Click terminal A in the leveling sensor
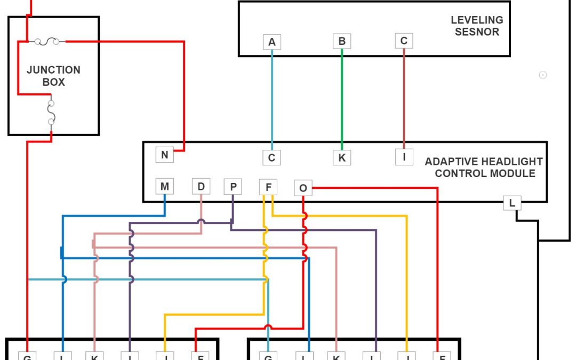pos(272,42)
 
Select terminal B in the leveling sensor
pos(342,41)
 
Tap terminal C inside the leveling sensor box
pos(404,41)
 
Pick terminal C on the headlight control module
pos(271,157)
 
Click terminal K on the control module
pos(342,157)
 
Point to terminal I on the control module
pos(404,157)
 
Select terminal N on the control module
pos(165,155)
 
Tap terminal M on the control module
pos(164,187)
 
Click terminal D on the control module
pos(201,187)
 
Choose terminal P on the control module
pos(233,187)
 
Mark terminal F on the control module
pos(268,187)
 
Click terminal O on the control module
pos(303,188)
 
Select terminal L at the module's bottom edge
pos(512,203)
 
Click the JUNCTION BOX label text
pos(53,76)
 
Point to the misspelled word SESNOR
pos(477,31)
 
